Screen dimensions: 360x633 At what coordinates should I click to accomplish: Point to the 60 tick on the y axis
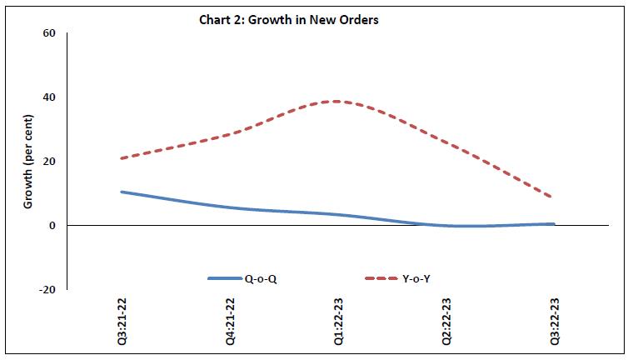49,33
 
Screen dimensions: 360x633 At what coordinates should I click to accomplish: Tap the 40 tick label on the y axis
49,97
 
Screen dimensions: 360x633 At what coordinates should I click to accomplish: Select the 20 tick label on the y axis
49,162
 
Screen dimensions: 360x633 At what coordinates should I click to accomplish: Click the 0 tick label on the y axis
52,226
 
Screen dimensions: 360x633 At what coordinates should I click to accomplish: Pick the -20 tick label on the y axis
47,290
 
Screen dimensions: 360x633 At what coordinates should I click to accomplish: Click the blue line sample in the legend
224,278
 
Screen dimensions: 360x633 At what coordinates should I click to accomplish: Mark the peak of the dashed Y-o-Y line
336,102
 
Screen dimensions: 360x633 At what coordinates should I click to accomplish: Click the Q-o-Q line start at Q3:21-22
122,192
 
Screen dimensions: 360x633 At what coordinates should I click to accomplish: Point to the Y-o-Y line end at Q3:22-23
554,197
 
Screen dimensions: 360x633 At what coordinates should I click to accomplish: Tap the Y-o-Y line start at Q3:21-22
122,158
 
